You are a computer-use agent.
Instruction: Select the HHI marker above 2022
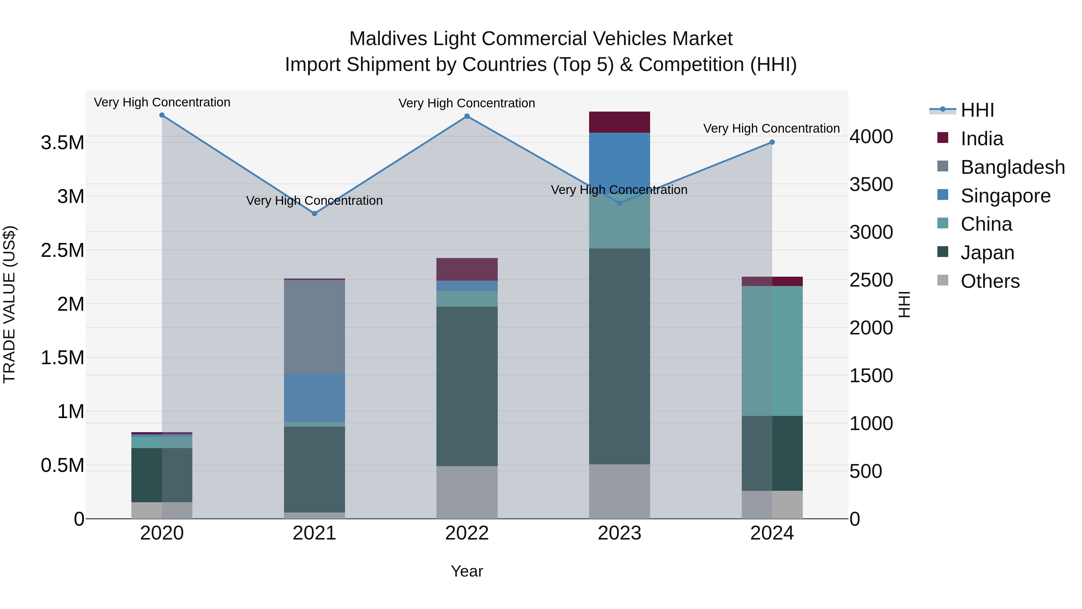tap(467, 116)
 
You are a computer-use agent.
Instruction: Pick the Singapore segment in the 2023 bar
tap(619, 160)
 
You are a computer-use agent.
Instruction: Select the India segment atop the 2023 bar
tap(619, 122)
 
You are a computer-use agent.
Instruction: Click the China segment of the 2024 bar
tap(772, 351)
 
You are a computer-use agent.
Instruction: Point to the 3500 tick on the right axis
tap(871, 185)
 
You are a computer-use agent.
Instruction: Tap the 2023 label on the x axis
tap(619, 533)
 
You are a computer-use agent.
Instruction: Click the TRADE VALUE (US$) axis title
tap(9, 304)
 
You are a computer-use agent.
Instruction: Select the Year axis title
tap(467, 571)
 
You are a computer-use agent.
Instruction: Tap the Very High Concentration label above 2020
tap(162, 103)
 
